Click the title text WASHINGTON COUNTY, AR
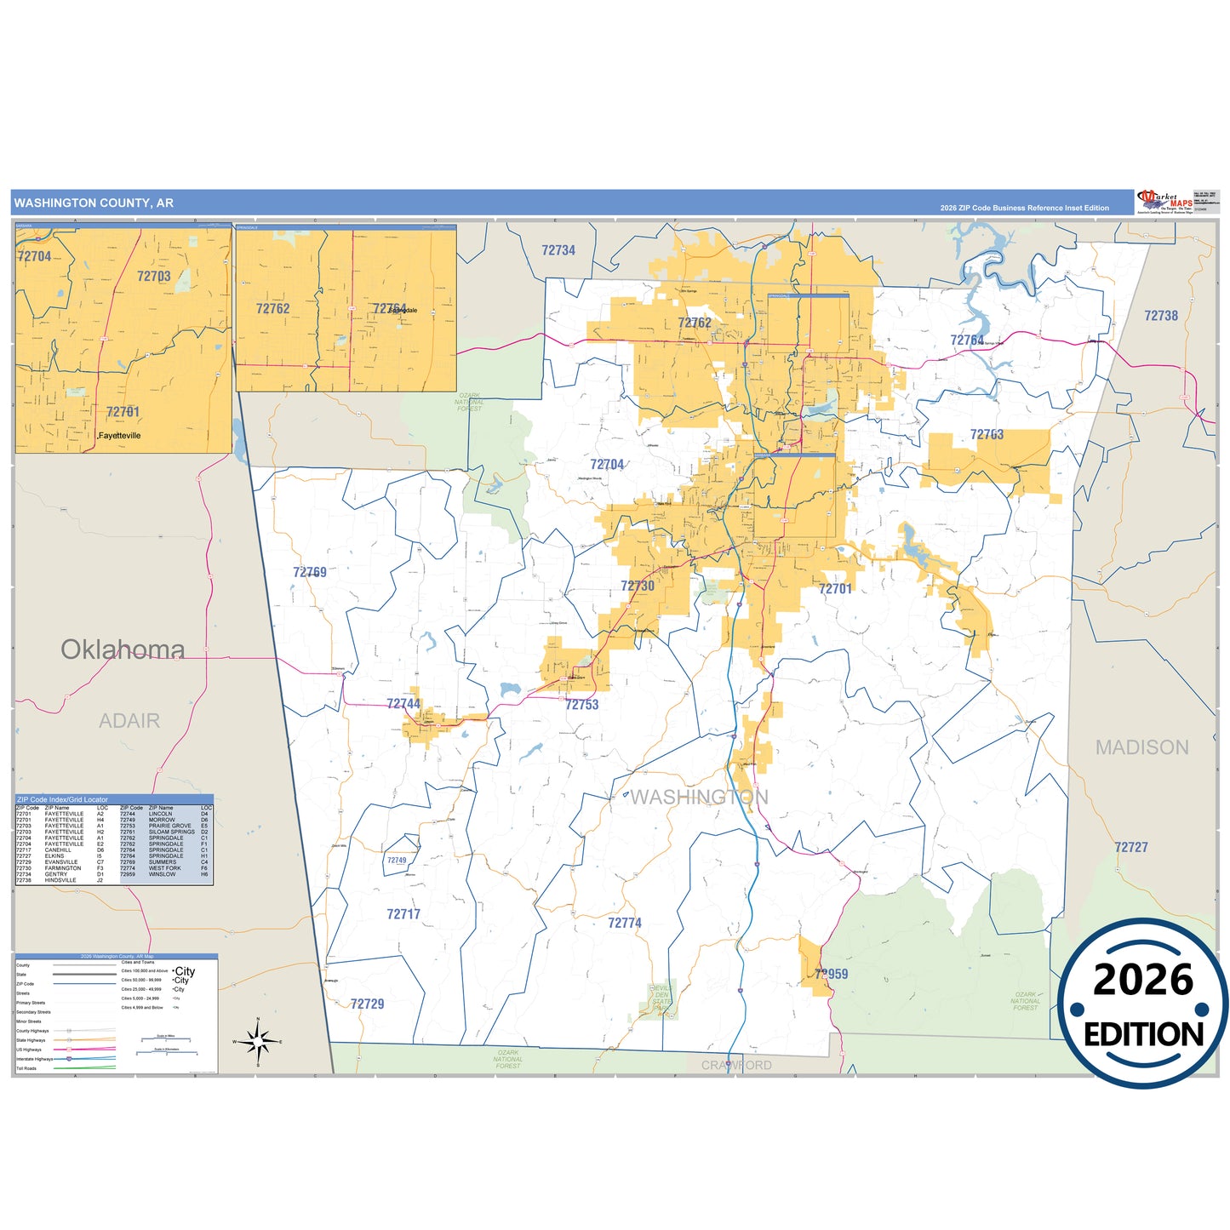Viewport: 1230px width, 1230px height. click(94, 203)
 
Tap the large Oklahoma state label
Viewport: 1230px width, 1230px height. click(123, 649)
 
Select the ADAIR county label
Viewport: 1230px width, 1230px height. click(129, 721)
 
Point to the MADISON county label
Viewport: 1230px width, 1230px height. click(1141, 747)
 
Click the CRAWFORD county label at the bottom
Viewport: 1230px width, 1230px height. click(736, 1065)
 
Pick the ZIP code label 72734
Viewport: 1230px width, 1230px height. click(558, 250)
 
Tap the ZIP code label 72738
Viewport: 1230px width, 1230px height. click(1161, 316)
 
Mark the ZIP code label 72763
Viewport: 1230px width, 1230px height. click(987, 435)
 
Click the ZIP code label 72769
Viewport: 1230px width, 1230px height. click(310, 572)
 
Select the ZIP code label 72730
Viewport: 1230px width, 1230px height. click(638, 586)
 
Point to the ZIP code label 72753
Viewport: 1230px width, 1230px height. click(582, 705)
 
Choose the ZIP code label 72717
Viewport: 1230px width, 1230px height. click(403, 914)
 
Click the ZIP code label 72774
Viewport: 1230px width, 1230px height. click(625, 923)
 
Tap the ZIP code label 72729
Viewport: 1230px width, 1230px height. click(367, 1004)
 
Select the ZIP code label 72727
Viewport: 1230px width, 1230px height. click(1131, 847)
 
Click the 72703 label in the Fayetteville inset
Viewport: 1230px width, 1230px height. click(154, 276)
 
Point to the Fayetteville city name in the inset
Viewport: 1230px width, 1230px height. click(120, 435)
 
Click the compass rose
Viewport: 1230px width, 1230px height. click(258, 1040)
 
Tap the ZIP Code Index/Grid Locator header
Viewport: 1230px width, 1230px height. click(62, 799)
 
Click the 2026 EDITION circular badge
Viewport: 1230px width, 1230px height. click(1142, 1003)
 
